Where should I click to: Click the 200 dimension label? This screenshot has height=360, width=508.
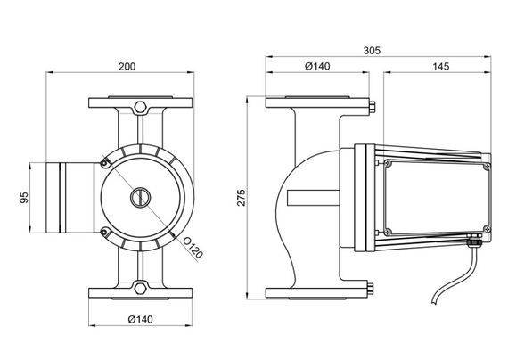(x=127, y=67)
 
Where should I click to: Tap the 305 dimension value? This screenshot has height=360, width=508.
(x=372, y=51)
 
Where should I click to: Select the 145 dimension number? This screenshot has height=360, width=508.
(x=441, y=67)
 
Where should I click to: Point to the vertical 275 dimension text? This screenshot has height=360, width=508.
(x=242, y=197)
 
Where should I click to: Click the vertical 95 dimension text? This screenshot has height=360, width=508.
(x=24, y=198)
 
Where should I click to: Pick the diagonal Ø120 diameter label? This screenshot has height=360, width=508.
(x=193, y=248)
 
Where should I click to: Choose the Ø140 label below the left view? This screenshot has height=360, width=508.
(x=140, y=320)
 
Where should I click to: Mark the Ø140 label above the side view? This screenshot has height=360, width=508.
(x=317, y=67)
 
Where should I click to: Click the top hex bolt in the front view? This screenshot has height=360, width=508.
(x=140, y=107)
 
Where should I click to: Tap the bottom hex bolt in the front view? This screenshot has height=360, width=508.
(x=140, y=289)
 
